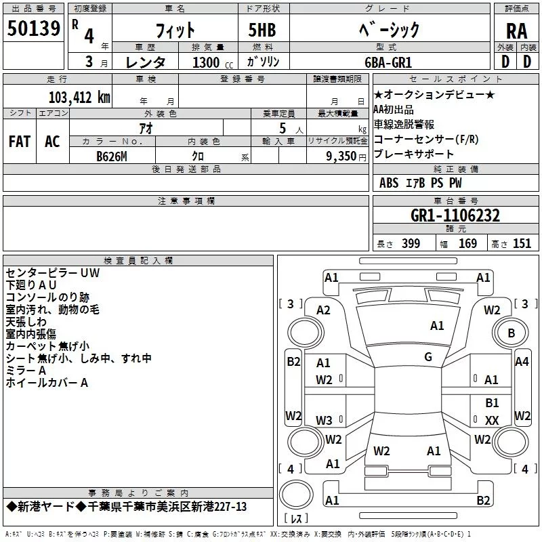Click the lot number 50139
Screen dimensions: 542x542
[x=33, y=28]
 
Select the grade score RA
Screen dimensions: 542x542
[x=516, y=31]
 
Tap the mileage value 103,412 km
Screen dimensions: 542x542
[x=79, y=98]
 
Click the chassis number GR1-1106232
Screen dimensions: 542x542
[x=455, y=215]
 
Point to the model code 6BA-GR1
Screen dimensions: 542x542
[x=388, y=62]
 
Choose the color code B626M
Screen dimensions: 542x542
[x=112, y=157]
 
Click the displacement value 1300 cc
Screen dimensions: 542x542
[x=213, y=62]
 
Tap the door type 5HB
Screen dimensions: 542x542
[x=262, y=30]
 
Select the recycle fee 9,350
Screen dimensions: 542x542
[x=341, y=157]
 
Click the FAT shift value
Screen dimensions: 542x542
[x=20, y=142]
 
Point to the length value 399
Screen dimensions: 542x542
[x=411, y=244]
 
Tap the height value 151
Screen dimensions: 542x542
[x=522, y=244]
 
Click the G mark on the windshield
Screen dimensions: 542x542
[x=428, y=357]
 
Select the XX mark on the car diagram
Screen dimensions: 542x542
[x=492, y=420]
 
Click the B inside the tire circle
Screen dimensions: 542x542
[x=512, y=333]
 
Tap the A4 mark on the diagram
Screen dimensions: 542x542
[x=522, y=362]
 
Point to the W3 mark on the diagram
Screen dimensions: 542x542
[x=324, y=420]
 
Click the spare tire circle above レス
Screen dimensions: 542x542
[x=296, y=495]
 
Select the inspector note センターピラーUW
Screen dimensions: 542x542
[x=53, y=273]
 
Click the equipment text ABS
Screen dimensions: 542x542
[x=389, y=183]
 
